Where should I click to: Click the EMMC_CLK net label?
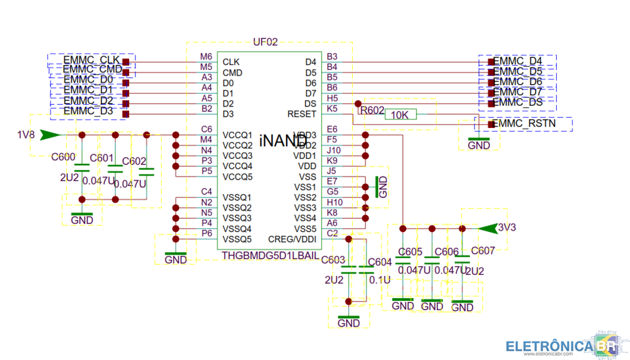pos(91,60)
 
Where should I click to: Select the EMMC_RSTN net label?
pos(524,124)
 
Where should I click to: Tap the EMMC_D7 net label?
pos(518,92)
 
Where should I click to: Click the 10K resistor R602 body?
pos(400,115)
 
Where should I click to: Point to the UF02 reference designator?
pos(265,43)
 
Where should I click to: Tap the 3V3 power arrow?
pos(488,228)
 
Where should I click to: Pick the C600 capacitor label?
pos(64,158)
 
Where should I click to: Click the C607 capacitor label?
pos(483,250)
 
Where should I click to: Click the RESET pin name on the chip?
pos(301,114)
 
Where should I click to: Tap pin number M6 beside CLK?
pos(206,57)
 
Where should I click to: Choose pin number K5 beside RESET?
pos(332,108)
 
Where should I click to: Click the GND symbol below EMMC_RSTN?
pos(479,142)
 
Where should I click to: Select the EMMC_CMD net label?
pos(93,69)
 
